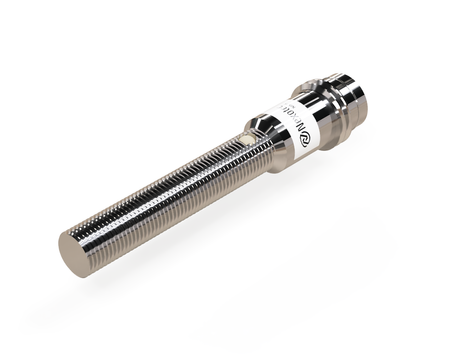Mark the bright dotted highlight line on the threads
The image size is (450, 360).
coord(160,181)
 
